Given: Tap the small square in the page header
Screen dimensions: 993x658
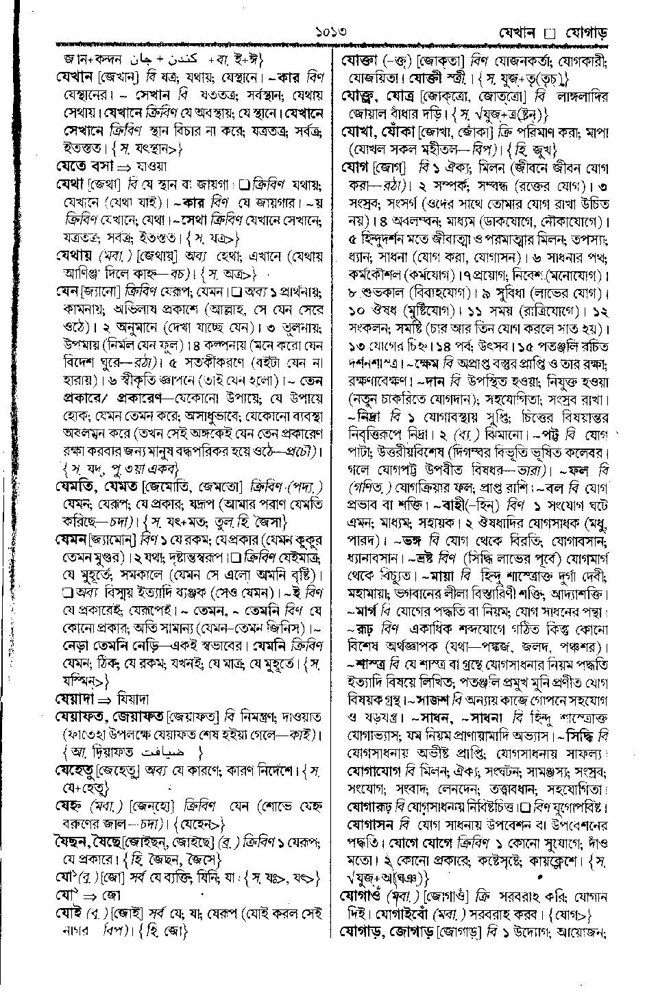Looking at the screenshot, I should click(547, 33).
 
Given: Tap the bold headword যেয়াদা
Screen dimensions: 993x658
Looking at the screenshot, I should click(76, 699).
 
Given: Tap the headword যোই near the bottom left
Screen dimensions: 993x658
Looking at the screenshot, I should click(69, 914).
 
